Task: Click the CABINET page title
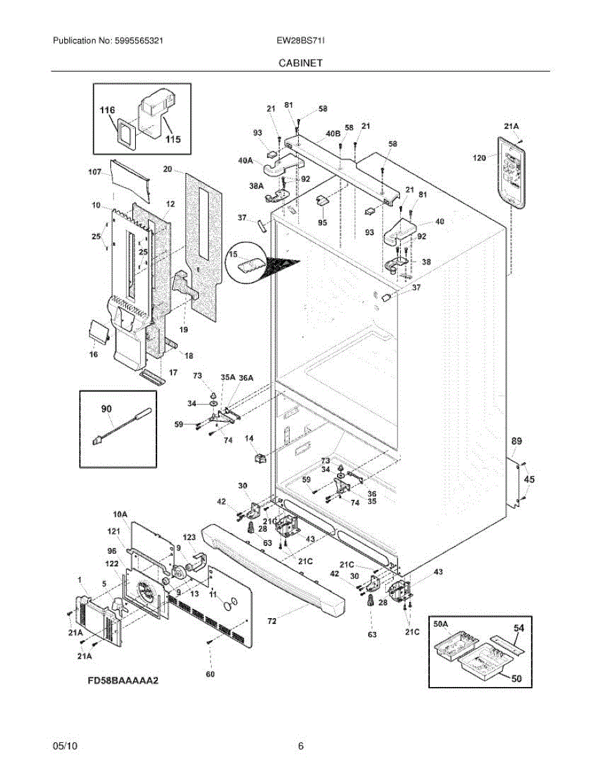(x=301, y=63)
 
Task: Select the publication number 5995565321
(x=139, y=40)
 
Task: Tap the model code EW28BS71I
(x=301, y=40)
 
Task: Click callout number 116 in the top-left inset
(x=107, y=110)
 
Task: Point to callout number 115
(x=173, y=139)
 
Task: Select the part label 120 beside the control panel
(x=479, y=157)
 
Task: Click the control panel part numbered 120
(x=511, y=172)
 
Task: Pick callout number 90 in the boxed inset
(x=107, y=409)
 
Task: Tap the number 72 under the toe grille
(x=272, y=621)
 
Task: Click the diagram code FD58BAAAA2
(x=123, y=680)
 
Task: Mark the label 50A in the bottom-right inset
(x=441, y=624)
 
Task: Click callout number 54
(x=519, y=627)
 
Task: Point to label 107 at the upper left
(x=95, y=172)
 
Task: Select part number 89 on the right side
(x=516, y=441)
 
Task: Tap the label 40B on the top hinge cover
(x=333, y=133)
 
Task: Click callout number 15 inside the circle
(x=233, y=254)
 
